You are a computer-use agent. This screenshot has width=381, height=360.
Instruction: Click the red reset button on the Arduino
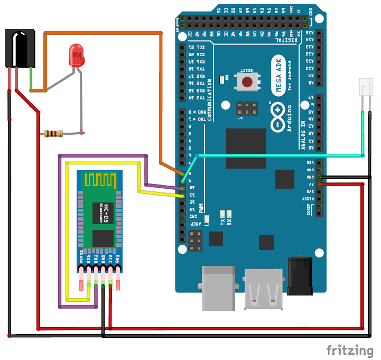(247, 81)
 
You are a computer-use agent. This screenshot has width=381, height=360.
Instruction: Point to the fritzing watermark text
(349, 350)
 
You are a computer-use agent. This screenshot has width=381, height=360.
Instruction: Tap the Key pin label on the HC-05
(117, 260)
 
